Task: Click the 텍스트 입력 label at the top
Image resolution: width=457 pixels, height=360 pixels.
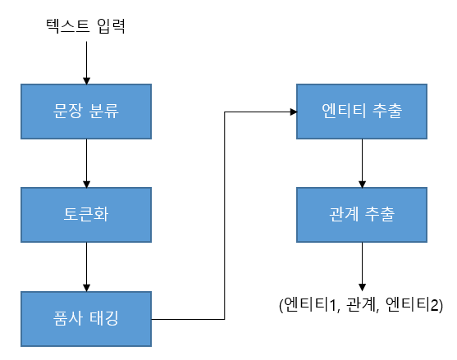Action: (85, 26)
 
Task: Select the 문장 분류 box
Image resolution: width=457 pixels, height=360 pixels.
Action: (86, 112)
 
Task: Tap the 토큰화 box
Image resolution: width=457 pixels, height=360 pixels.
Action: (86, 215)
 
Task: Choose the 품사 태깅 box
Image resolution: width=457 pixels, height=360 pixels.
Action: (86, 319)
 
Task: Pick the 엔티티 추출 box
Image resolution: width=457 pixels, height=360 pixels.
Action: (362, 112)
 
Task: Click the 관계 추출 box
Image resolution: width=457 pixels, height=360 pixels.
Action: (362, 215)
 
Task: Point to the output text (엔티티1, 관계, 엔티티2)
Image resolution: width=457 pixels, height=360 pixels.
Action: (361, 305)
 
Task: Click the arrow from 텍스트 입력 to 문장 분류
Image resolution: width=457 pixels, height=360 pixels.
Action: (86, 63)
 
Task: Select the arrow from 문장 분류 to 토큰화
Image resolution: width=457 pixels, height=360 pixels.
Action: (86, 163)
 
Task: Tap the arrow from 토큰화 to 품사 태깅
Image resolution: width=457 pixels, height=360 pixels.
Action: (86, 267)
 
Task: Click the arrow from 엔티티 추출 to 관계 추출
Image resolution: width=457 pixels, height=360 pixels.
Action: (362, 163)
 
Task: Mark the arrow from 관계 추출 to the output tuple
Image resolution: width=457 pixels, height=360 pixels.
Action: (362, 267)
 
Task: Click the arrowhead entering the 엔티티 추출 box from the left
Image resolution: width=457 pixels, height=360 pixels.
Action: (294, 112)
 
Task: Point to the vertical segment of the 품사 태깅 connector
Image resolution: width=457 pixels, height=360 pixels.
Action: (225, 216)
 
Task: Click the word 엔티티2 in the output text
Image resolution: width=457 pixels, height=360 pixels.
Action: (414, 305)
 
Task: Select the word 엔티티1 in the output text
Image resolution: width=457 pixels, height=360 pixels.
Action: (311, 305)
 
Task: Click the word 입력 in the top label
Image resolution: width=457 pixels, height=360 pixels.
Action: (112, 26)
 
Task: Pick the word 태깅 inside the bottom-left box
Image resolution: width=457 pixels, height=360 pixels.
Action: (103, 318)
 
